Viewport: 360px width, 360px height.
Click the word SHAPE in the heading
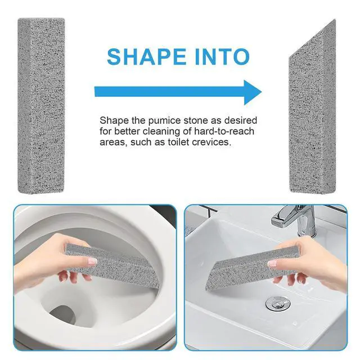(x=146, y=56)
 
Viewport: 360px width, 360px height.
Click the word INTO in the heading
(x=222, y=56)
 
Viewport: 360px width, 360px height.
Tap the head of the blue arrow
(x=253, y=92)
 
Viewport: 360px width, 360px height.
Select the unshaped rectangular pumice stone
(x=41, y=106)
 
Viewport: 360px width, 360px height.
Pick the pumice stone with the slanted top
(x=312, y=110)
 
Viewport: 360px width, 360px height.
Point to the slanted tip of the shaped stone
(x=335, y=20)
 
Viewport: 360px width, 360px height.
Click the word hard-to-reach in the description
(x=224, y=131)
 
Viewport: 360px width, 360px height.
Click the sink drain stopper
(x=278, y=303)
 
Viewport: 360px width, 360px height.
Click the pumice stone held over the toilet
(x=112, y=266)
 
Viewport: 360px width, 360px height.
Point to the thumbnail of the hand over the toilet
(x=93, y=261)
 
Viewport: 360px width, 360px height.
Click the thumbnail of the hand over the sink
(x=273, y=264)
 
